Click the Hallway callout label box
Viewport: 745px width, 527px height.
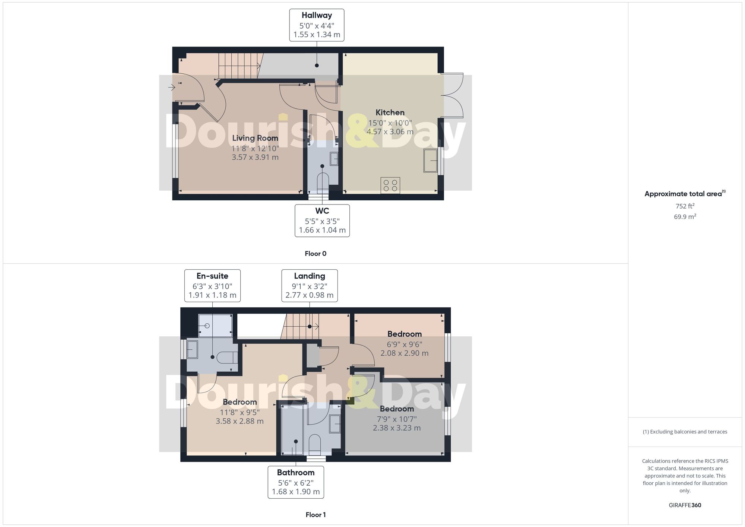coord(317,25)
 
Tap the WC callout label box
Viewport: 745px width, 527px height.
coord(322,220)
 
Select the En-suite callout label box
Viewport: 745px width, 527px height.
coord(212,286)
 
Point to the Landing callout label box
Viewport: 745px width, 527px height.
coord(310,286)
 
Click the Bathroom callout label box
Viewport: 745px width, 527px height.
coord(296,482)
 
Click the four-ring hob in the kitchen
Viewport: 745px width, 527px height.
coord(390,185)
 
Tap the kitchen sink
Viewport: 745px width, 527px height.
coord(430,161)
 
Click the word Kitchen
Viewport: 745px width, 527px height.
coord(390,112)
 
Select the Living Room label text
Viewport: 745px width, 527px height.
coord(255,138)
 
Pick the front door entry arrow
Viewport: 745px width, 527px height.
coord(171,88)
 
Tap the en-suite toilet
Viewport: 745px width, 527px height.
coord(227,358)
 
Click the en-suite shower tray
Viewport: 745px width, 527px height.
coord(215,326)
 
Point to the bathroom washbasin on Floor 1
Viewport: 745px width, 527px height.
coord(335,424)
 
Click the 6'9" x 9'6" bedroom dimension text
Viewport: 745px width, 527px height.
coord(404,345)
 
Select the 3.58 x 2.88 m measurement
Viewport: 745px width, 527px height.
coord(240,421)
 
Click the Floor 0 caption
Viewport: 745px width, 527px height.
coord(316,254)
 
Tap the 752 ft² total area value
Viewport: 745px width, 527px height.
coord(685,206)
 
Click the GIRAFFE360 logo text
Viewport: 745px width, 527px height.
coord(685,505)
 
